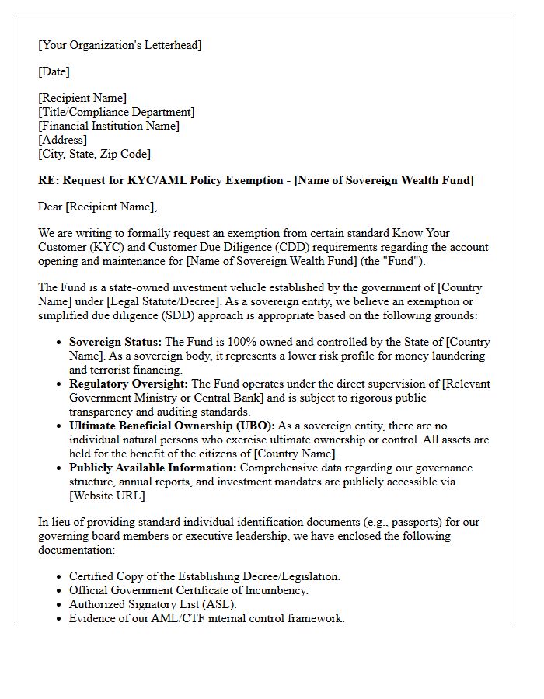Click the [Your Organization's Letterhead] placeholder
tap(120, 45)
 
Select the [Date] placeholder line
tap(54, 71)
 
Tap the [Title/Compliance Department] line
tap(116, 112)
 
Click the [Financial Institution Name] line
tap(109, 126)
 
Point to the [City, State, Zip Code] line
tap(94, 154)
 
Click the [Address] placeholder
tap(62, 140)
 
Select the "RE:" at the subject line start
tap(48, 180)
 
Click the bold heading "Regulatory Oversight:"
tap(128, 384)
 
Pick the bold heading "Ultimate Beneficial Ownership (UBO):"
tap(172, 426)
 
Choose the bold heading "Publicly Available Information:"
tap(152, 468)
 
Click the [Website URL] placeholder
tap(107, 496)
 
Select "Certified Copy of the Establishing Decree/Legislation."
tap(204, 576)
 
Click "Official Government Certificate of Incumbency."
tap(188, 590)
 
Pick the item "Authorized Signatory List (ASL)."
tap(153, 604)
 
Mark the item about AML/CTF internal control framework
tap(207, 618)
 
